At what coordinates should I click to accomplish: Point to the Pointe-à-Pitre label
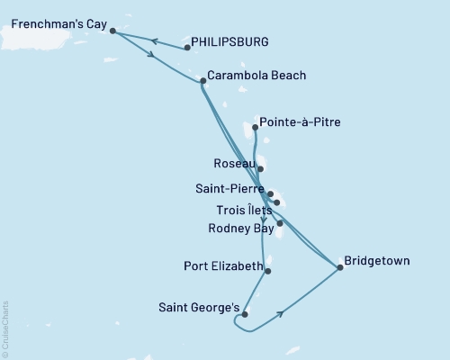point(300,121)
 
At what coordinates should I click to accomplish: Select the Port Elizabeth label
point(223,266)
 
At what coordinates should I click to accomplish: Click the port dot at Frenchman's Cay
point(112,31)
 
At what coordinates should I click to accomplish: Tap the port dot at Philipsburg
point(186,47)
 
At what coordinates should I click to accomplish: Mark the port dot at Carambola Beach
point(202,81)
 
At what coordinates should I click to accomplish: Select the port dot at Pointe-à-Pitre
point(256,128)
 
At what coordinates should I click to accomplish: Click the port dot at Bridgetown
point(339,267)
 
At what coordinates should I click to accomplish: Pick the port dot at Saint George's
point(245,314)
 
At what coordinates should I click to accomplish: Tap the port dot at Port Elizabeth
point(268,270)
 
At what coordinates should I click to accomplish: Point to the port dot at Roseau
point(260,168)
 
